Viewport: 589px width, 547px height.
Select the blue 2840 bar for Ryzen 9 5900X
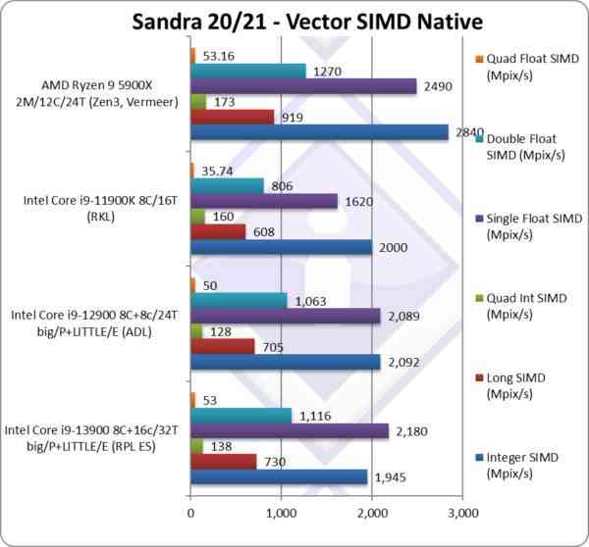tap(319, 132)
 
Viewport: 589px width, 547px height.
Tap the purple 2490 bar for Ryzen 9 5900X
tap(303, 86)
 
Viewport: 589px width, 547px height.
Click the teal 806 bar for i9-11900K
tap(227, 184)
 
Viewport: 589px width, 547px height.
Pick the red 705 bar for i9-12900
tap(222, 346)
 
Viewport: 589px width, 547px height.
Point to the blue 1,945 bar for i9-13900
tap(279, 477)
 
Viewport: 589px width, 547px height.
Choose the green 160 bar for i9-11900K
tap(197, 216)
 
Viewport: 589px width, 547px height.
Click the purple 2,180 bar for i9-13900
tap(290, 431)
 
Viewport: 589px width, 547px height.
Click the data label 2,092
tap(402, 362)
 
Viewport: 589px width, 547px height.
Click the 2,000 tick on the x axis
tap(372, 512)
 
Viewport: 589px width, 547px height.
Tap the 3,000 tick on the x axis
tap(462, 512)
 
